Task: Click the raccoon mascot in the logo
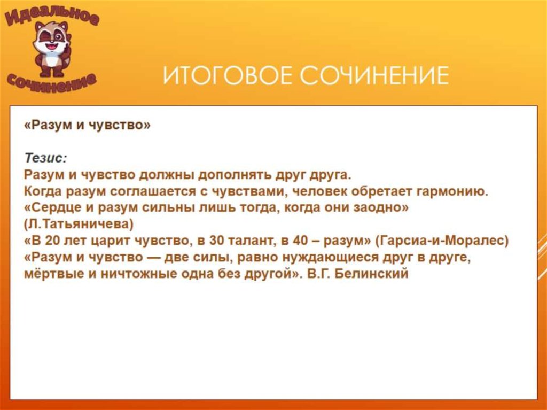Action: click(51, 48)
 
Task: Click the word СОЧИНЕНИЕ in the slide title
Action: click(373, 76)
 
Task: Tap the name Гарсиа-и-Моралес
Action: click(445, 241)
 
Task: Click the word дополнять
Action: click(232, 175)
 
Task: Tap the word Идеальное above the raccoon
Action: click(52, 17)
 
